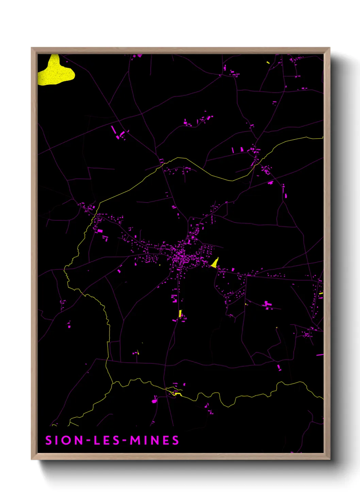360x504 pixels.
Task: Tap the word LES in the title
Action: [107, 440]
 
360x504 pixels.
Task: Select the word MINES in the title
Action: [154, 440]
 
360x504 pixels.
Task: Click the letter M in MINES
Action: [135, 440]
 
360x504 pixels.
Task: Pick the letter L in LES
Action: [97, 440]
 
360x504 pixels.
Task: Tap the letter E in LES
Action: [107, 440]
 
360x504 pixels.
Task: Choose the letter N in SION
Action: [78, 440]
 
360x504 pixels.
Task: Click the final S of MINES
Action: [175, 440]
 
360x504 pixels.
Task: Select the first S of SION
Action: [49, 440]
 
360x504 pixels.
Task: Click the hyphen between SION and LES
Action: [88, 441]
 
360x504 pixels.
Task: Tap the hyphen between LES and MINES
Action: [125, 441]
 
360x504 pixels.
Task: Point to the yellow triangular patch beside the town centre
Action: [215, 263]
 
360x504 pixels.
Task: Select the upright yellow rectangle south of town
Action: [180, 314]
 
